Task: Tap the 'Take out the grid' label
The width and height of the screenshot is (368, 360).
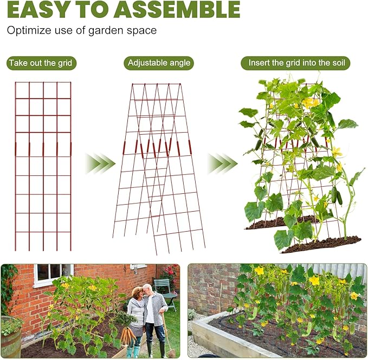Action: [x=41, y=63]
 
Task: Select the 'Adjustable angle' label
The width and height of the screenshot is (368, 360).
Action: [x=159, y=63]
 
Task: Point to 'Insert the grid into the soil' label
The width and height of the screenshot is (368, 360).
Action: [x=295, y=63]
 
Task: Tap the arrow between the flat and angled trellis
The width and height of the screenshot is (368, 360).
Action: [x=100, y=162]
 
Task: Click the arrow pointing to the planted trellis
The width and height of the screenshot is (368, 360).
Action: [x=222, y=162]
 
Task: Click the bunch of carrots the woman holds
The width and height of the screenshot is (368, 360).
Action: [x=128, y=335]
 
